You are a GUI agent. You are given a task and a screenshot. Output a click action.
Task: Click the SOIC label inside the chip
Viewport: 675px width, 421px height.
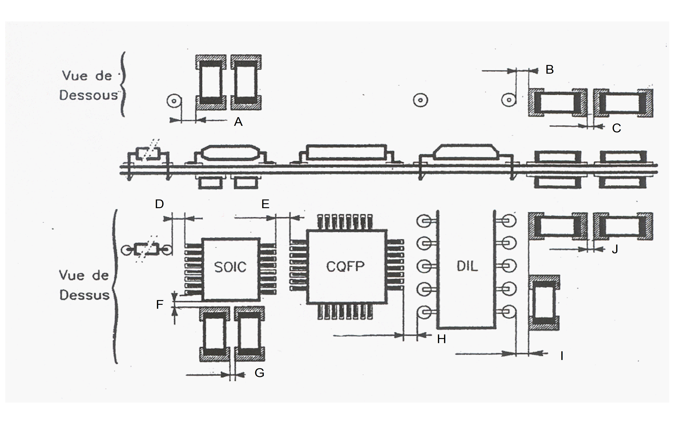point(230,267)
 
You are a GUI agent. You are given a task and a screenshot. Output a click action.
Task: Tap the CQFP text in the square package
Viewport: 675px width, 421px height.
point(345,266)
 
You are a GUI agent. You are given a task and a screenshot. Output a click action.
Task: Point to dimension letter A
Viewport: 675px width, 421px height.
point(238,122)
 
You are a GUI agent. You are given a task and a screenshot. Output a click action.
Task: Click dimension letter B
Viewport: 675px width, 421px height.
point(550,69)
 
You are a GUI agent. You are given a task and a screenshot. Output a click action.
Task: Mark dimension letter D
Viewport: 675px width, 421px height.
point(159,204)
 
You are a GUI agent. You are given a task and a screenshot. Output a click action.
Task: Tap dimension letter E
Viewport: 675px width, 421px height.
point(265,204)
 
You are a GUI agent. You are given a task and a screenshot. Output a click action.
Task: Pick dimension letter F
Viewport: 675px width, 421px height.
point(159,305)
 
